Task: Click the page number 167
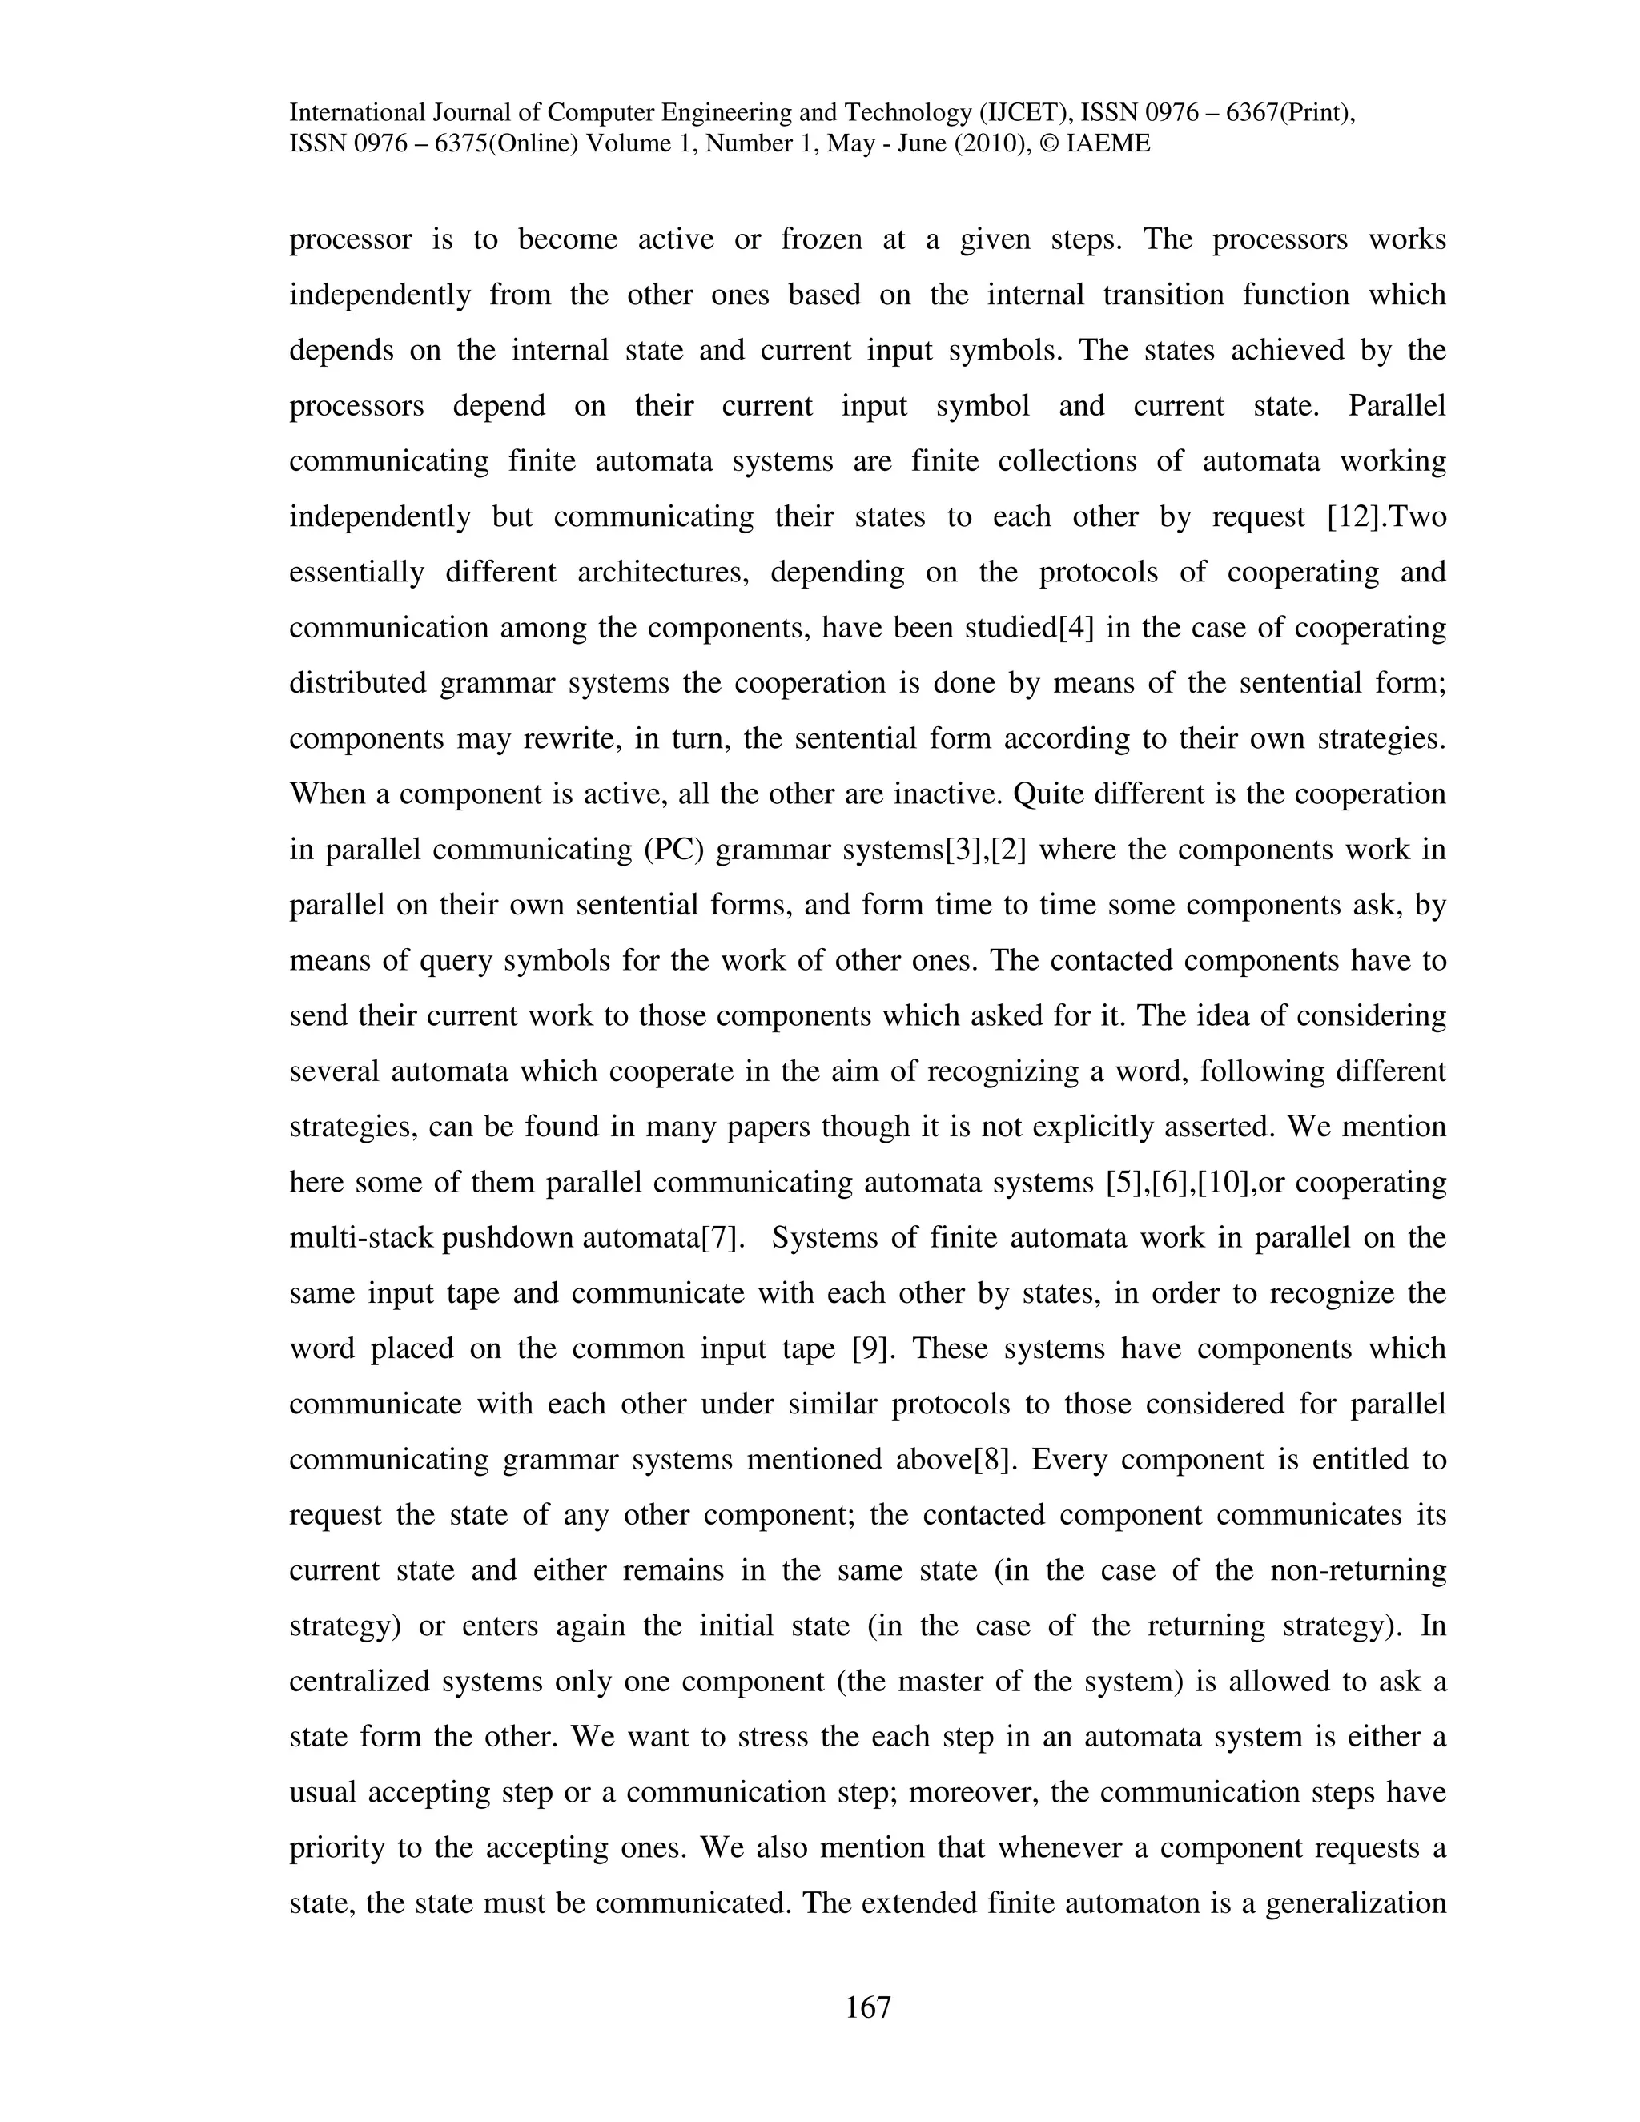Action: click(867, 2007)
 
